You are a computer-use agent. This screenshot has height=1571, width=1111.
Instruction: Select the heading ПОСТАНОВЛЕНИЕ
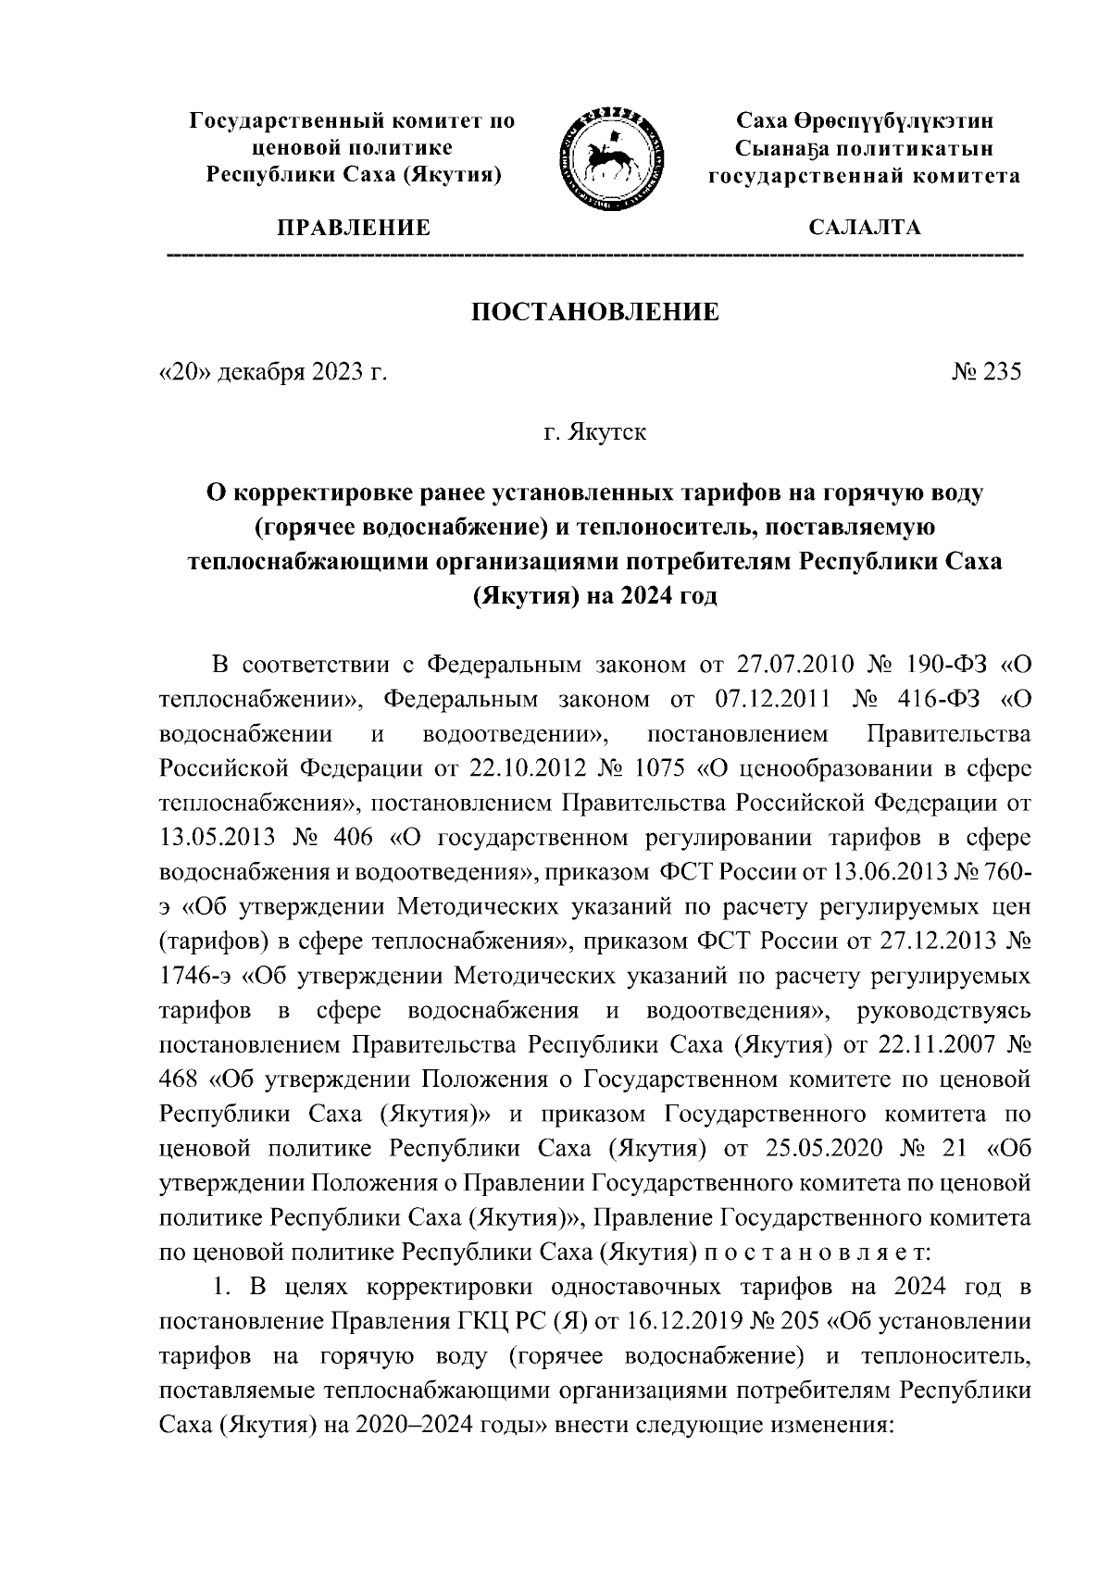coord(595,312)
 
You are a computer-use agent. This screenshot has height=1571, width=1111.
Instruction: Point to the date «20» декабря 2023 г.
coord(271,372)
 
